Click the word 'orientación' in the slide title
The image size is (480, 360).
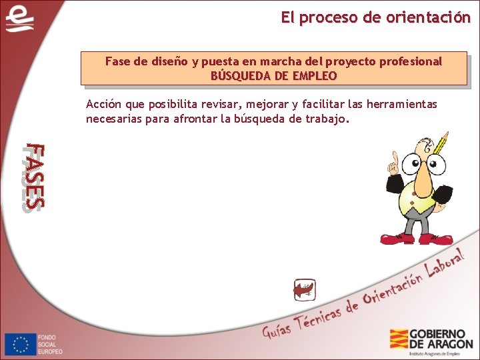(x=428, y=18)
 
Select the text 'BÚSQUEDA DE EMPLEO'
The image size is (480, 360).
(x=273, y=76)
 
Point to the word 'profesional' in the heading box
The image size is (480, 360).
(x=410, y=61)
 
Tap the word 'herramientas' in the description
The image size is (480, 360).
(x=399, y=104)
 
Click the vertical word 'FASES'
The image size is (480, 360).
(x=32, y=177)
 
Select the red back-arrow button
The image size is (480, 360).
(x=304, y=290)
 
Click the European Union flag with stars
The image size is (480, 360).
(x=20, y=344)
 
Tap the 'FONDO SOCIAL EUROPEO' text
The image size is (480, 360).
(x=50, y=344)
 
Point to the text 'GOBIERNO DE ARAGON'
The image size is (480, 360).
(x=441, y=339)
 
